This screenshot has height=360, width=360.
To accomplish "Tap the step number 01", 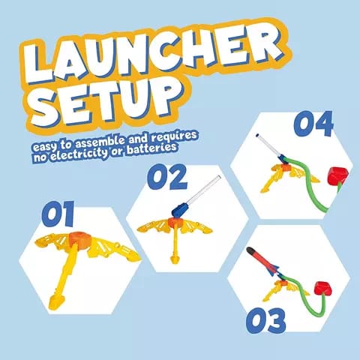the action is [58, 214].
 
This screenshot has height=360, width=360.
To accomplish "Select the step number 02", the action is [167, 177].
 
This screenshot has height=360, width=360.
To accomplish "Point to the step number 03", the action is [265, 321].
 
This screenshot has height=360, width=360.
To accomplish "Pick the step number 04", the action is [313, 123].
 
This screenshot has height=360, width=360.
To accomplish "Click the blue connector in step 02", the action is [178, 210].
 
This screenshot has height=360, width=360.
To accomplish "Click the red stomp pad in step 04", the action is [337, 176].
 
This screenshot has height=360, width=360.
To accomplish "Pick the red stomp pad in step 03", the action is [322, 289].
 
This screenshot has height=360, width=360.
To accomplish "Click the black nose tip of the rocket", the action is [250, 250].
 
